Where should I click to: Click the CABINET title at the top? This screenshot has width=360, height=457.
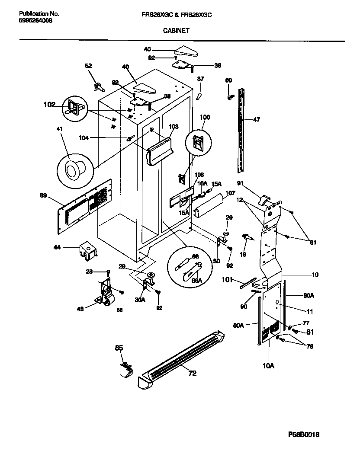click(176, 31)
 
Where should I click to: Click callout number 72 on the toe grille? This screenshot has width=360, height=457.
click(192, 373)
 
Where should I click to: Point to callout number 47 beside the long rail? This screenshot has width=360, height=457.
click(257, 120)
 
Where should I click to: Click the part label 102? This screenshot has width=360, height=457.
click(50, 104)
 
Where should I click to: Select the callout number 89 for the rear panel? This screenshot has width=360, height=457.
click(43, 195)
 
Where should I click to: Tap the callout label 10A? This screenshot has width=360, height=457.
click(268, 366)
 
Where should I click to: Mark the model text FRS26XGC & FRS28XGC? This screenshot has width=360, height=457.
click(177, 14)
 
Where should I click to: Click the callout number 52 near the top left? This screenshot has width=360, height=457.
click(88, 66)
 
